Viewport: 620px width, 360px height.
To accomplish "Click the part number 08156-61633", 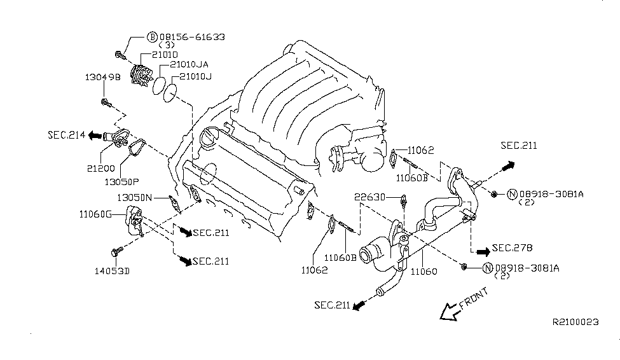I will (191, 38).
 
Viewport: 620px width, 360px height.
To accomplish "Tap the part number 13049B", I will (102, 77).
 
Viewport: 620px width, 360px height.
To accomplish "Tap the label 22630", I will (370, 197).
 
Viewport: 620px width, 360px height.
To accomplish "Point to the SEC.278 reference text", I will (512, 248).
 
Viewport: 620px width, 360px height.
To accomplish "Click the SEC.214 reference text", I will (66, 135).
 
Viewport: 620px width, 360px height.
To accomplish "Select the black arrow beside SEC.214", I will (96, 135).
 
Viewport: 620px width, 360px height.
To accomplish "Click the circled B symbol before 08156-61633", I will (152, 38).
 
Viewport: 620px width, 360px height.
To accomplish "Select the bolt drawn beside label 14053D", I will (117, 252).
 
